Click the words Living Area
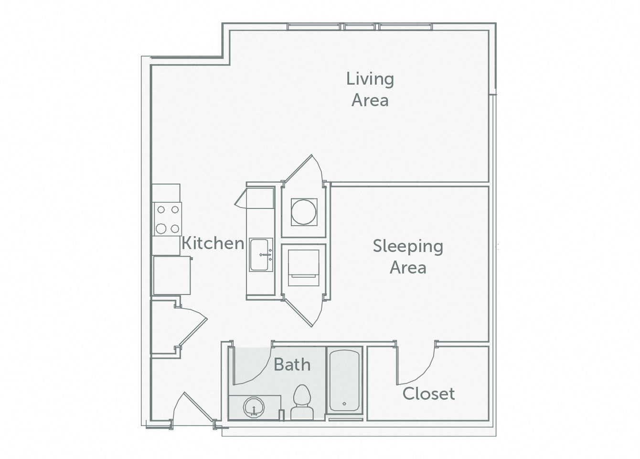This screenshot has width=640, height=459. coord(370,89)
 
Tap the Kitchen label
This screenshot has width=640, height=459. coord(213,243)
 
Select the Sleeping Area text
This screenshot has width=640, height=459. coord(408,257)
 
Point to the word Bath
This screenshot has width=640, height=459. coord(292,365)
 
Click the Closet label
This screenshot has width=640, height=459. coord(428,394)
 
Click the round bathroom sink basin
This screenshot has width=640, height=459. coord(254,408)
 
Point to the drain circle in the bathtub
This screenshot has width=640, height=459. coord(344,404)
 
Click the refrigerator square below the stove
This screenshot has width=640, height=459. coord(171,275)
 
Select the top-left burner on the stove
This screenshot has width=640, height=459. coord(161,209)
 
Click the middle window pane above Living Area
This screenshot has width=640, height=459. coord(362,27)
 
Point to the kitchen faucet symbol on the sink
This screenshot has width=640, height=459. coord(267,255)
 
